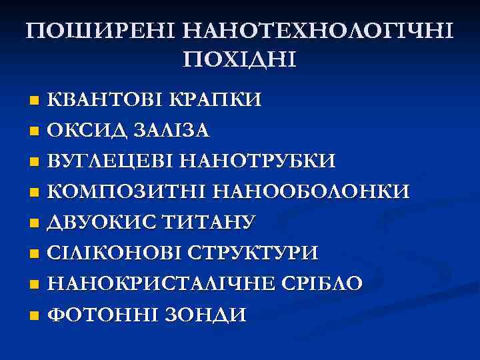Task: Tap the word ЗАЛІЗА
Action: click(171, 131)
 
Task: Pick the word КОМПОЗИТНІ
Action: click(127, 192)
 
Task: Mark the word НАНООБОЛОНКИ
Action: click(311, 192)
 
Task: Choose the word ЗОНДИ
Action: click(205, 315)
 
